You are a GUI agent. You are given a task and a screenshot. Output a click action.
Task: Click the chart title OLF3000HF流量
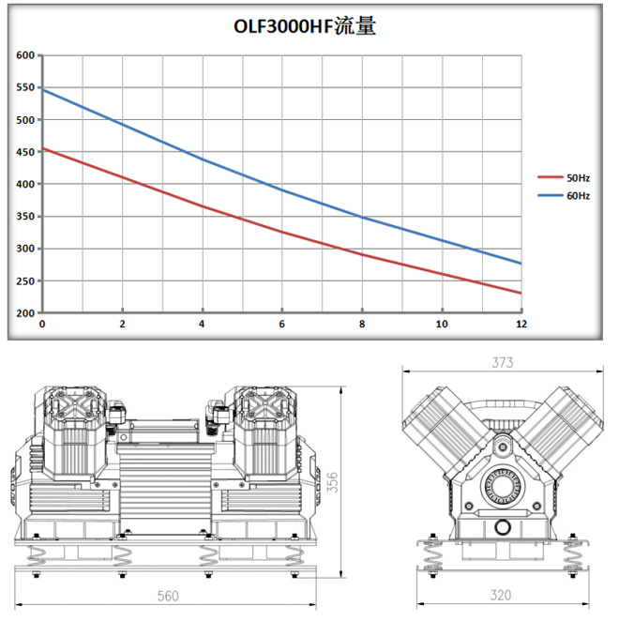305,26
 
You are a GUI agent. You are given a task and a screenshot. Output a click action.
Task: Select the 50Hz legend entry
564,178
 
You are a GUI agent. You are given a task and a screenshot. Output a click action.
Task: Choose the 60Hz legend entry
564,196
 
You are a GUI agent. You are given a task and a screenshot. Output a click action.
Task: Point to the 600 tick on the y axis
25,55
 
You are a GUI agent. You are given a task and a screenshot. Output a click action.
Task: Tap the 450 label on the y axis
25,152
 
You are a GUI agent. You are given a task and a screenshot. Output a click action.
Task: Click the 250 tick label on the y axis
25,280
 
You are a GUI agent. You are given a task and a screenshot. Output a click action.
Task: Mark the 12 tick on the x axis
521,324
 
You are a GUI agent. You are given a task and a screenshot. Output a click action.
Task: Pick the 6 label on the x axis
281,324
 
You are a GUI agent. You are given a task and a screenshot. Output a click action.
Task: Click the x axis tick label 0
42,324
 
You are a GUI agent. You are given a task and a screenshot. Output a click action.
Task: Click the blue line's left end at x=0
43,90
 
